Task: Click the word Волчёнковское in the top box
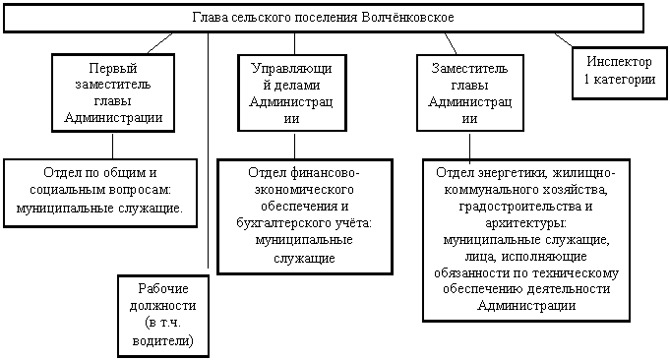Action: click(x=407, y=18)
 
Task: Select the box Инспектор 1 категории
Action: click(x=620, y=73)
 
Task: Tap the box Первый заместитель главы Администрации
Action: click(x=113, y=92)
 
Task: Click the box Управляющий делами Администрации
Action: click(x=292, y=92)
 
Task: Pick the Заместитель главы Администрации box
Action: click(x=470, y=92)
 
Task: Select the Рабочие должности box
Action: click(x=163, y=316)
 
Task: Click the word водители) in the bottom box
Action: click(x=162, y=340)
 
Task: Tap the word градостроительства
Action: click(x=514, y=207)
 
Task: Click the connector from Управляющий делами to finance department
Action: click(x=294, y=146)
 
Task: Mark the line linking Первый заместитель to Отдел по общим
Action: click(x=113, y=146)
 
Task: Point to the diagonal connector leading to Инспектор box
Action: click(x=564, y=39)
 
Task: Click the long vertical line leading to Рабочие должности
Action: click(x=209, y=150)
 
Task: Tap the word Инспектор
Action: click(x=619, y=62)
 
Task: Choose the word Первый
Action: click(x=113, y=68)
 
